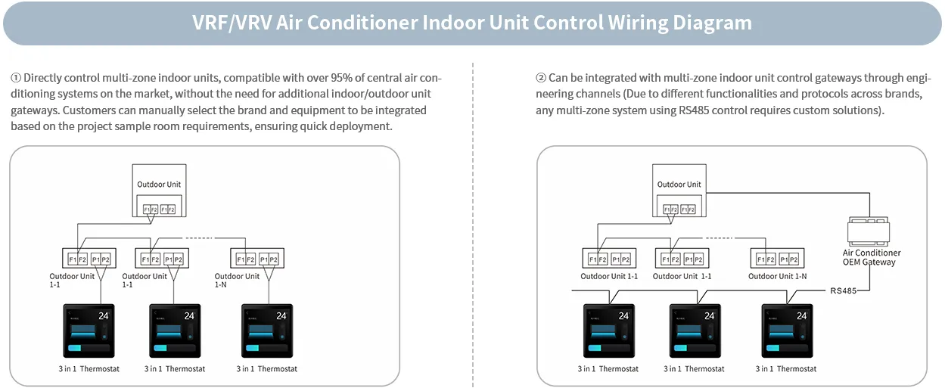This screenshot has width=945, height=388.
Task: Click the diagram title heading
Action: (x=472, y=23)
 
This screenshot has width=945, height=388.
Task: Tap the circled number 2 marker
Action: (x=541, y=78)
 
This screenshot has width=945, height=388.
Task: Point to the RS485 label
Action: (x=843, y=290)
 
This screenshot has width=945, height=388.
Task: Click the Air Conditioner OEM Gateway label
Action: (x=872, y=258)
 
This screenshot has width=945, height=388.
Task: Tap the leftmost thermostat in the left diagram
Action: (x=89, y=331)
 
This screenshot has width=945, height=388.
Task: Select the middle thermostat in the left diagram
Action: (x=175, y=331)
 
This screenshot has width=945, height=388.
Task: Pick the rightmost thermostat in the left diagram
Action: (x=267, y=331)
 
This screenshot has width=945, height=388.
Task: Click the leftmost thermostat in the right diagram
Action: (x=609, y=331)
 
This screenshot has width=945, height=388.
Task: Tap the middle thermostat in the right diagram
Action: (x=695, y=331)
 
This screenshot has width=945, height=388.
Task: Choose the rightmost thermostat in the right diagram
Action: (x=787, y=331)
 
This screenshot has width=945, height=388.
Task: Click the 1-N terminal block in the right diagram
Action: (x=780, y=259)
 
